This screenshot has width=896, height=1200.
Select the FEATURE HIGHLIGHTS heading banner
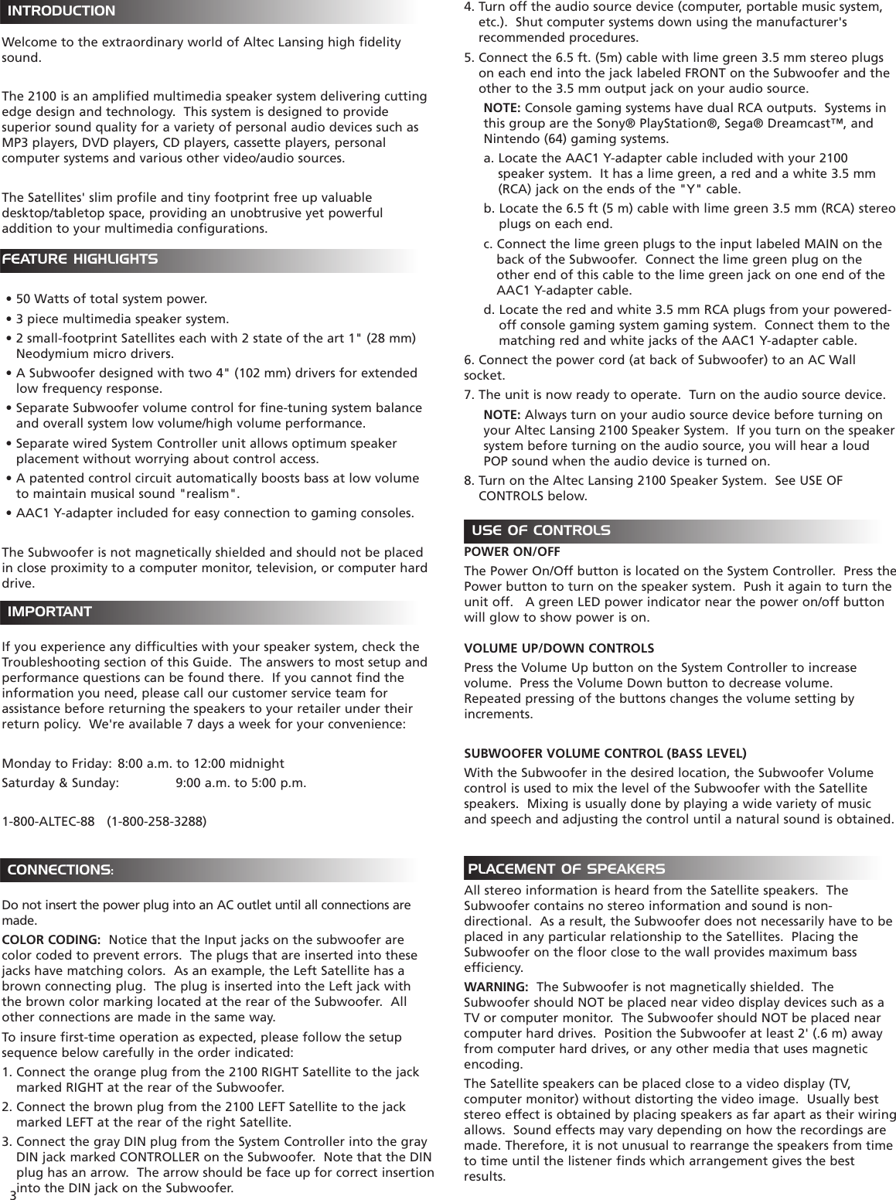coord(81,260)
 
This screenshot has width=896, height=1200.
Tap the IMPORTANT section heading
coord(50,612)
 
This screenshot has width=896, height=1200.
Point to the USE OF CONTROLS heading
coord(540,531)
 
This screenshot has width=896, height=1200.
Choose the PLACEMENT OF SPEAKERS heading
coord(566,869)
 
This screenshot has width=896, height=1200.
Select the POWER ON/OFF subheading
coord(512,552)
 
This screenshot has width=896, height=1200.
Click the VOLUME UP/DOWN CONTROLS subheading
coord(558,648)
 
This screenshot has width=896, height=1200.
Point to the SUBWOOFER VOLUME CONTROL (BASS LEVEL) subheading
coord(605,753)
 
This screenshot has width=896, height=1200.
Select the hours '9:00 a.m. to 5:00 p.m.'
coord(240,783)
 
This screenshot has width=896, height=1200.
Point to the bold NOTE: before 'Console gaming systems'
coord(501,107)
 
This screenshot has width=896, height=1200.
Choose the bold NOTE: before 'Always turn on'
coord(501,415)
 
